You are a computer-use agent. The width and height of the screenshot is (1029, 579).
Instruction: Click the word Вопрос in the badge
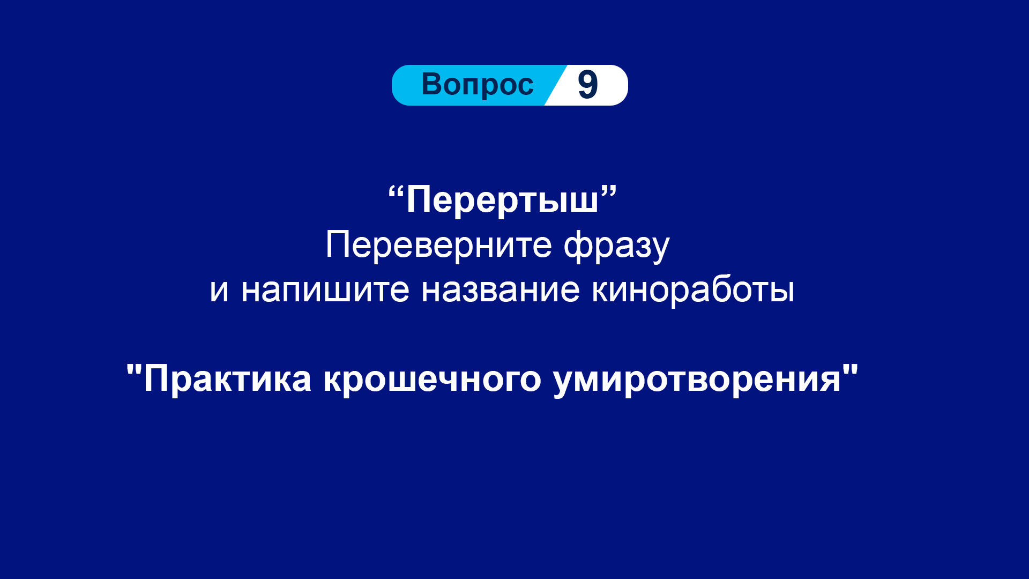pyautogui.click(x=478, y=85)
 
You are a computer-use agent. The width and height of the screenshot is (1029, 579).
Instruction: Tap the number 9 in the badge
pyautogui.click(x=587, y=85)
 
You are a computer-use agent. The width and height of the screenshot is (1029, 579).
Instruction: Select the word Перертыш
pyautogui.click(x=502, y=200)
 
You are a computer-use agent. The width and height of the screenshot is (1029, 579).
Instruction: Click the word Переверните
pyautogui.click(x=438, y=245)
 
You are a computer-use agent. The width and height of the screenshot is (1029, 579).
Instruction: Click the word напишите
pyautogui.click(x=325, y=290)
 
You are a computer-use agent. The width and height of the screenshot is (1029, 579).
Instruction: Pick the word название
pyautogui.click(x=501, y=290)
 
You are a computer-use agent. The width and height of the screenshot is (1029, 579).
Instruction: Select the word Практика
pyautogui.click(x=227, y=379)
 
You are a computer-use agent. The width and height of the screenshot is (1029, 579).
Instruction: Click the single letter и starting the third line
pyautogui.click(x=219, y=290)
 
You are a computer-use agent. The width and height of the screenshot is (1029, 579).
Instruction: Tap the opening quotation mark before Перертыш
pyautogui.click(x=396, y=192)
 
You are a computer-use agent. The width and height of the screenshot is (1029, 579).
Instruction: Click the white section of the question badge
pyautogui.click(x=590, y=85)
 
